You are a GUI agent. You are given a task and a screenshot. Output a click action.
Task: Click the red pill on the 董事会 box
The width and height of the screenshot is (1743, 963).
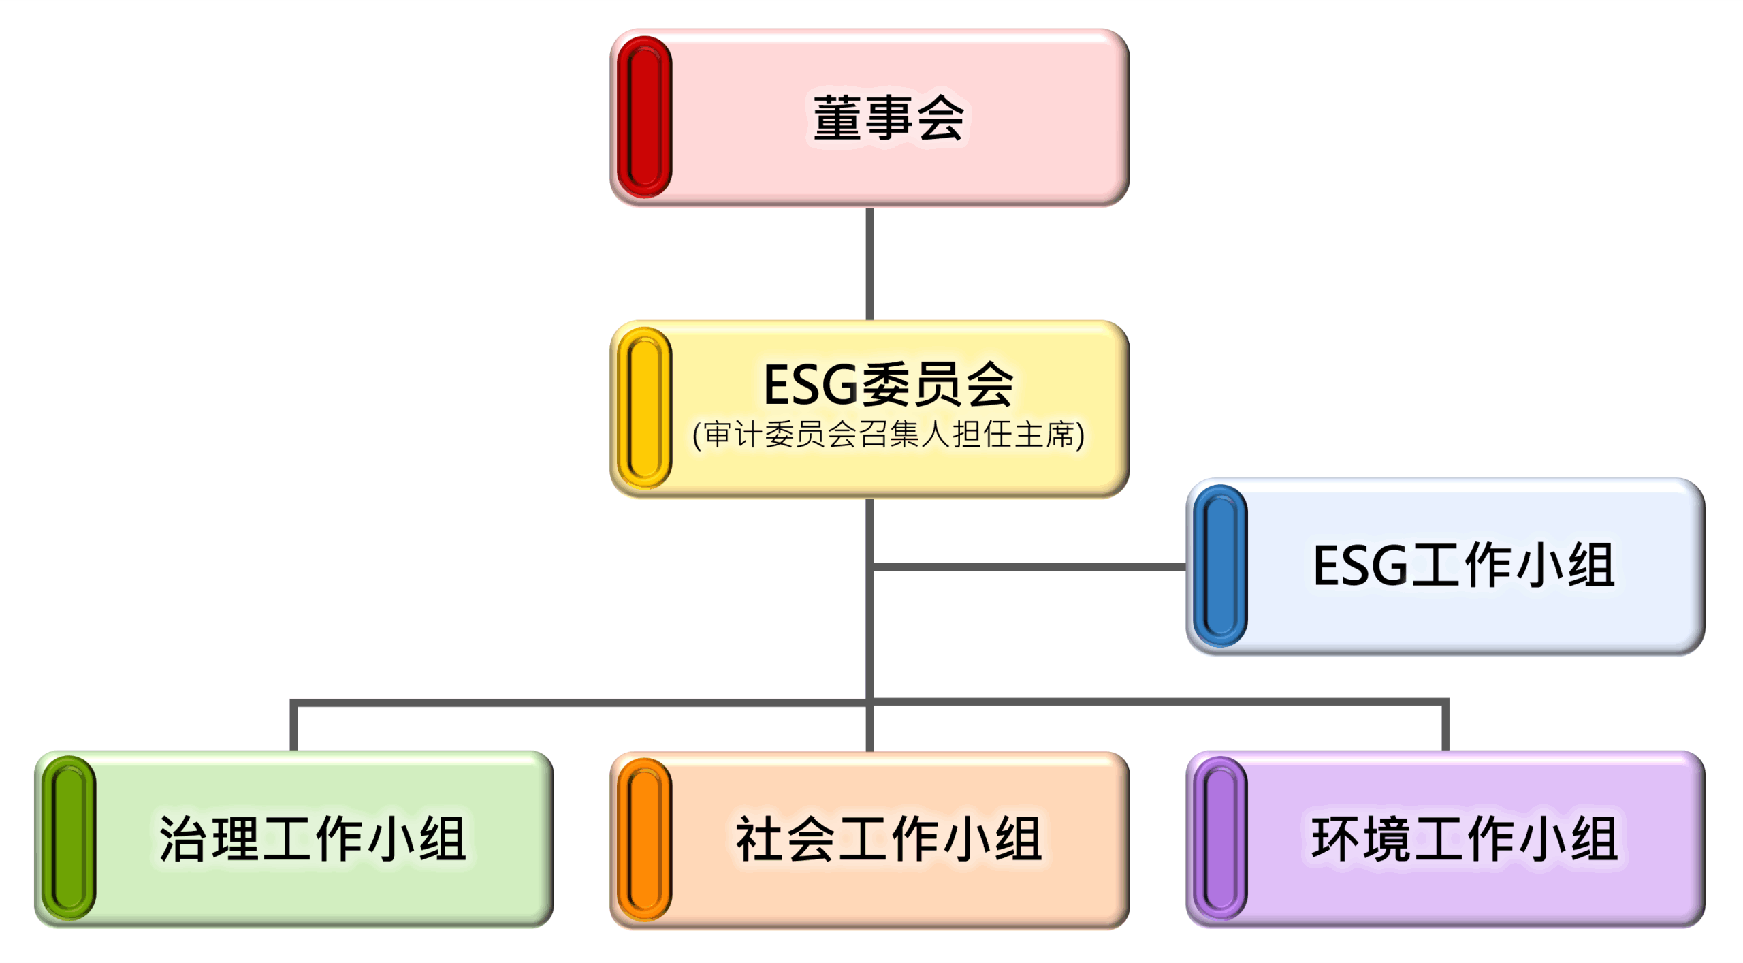[643, 117]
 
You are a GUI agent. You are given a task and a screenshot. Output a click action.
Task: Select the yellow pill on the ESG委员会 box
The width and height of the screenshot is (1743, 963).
[643, 408]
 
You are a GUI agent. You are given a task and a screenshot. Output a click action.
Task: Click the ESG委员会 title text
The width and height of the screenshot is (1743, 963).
[888, 385]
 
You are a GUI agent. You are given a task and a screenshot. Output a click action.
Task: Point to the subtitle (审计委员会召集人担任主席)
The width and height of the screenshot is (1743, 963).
[888, 435]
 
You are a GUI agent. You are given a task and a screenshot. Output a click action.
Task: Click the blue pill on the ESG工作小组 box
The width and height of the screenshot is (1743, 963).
[1220, 565]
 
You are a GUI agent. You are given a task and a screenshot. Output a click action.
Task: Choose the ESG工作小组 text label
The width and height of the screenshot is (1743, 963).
[1464, 565]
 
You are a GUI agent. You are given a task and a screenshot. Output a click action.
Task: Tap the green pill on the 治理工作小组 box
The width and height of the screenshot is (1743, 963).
[68, 838]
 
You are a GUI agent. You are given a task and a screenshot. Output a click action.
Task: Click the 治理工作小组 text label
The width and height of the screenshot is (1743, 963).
[312, 838]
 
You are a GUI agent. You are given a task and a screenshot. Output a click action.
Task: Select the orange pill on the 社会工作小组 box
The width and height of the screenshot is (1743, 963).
[643, 839]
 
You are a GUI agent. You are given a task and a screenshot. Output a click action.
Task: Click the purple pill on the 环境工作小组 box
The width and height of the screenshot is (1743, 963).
[1220, 838]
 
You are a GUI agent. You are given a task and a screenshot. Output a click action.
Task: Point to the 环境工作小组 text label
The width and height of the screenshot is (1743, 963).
[1464, 838]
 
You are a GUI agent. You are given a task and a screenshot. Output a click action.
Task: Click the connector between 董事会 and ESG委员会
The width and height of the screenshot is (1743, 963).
[869, 264]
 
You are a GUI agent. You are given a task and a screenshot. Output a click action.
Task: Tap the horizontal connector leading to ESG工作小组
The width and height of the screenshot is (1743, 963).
[1028, 567]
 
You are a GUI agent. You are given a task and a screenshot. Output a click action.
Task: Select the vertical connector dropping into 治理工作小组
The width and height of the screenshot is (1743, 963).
[293, 727]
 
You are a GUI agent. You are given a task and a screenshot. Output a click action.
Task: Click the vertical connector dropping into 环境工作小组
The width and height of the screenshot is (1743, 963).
[1445, 727]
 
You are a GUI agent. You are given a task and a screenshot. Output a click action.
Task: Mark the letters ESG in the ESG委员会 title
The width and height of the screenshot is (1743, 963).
[810, 385]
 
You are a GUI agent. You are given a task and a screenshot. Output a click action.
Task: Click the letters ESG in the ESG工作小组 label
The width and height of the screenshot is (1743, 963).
[1359, 565]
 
